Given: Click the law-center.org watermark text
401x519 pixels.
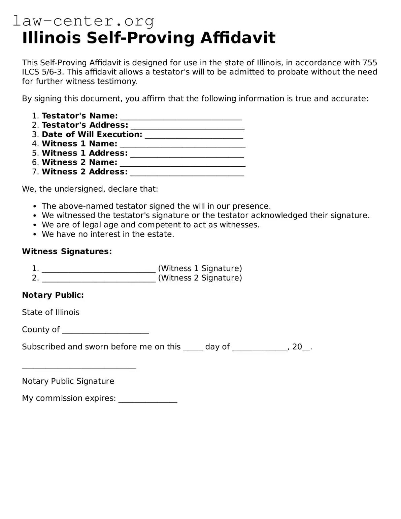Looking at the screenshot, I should (x=83, y=21).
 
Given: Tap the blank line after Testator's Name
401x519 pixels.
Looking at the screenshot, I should (x=181, y=117).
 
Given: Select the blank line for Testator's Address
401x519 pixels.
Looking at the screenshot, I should (x=187, y=126).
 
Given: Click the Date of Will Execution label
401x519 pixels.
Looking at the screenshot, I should (x=92, y=134).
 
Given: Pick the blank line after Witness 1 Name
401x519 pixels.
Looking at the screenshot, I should (x=182, y=144).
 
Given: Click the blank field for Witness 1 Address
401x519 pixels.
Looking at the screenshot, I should (x=187, y=154).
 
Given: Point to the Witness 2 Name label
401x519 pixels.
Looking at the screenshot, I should (x=79, y=162).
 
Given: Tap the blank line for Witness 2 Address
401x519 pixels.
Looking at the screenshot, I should (x=187, y=172).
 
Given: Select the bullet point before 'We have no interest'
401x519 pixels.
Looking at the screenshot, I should (x=35, y=234).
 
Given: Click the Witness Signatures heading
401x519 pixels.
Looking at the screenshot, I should (x=67, y=251).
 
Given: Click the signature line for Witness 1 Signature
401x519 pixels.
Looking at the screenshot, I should (x=99, y=269).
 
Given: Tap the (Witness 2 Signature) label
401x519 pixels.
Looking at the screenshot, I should (x=200, y=278).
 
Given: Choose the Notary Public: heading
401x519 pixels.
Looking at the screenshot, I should (x=53, y=295).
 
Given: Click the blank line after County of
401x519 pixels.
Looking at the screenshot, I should (x=105, y=330).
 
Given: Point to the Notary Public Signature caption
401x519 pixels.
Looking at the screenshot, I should (x=68, y=381).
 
